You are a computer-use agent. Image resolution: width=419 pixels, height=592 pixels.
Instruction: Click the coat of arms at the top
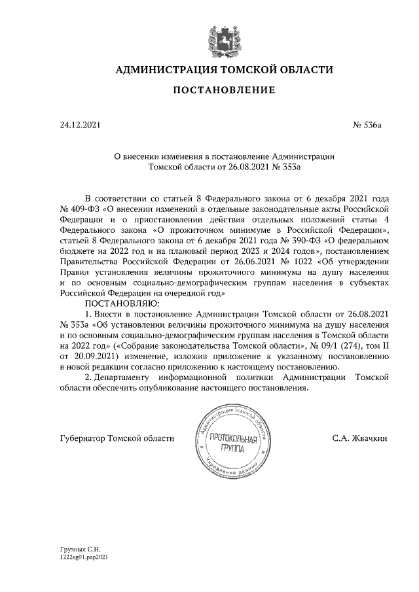tap(223, 37)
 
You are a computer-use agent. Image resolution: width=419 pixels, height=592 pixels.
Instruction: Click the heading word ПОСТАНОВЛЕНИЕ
tap(224, 90)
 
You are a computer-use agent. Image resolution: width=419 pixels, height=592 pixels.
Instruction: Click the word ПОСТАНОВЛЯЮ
tap(120, 304)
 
